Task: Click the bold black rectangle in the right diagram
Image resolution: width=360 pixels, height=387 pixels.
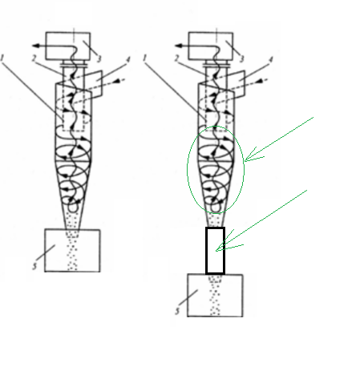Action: (x=206, y=251)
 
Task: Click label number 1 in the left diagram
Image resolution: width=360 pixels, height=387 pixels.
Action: (x=2, y=58)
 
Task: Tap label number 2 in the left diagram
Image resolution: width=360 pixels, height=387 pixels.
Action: (x=34, y=58)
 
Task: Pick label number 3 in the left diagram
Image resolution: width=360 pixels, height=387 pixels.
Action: (x=99, y=58)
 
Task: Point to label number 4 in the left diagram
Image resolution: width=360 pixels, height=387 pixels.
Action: (x=128, y=59)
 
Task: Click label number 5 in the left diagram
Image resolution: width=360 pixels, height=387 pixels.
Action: (x=34, y=266)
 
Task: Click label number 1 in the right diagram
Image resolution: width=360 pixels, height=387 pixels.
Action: (x=145, y=58)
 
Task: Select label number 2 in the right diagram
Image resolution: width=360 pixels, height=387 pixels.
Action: (x=176, y=58)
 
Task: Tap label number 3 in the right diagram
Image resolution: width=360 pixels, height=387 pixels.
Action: (x=242, y=58)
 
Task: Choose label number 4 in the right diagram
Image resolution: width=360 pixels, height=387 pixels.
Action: (x=271, y=59)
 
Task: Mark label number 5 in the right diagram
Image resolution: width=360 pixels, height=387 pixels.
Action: (x=177, y=311)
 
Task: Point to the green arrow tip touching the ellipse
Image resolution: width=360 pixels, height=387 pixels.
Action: (x=245, y=160)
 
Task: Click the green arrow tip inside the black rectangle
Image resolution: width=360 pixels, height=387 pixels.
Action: (x=216, y=251)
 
